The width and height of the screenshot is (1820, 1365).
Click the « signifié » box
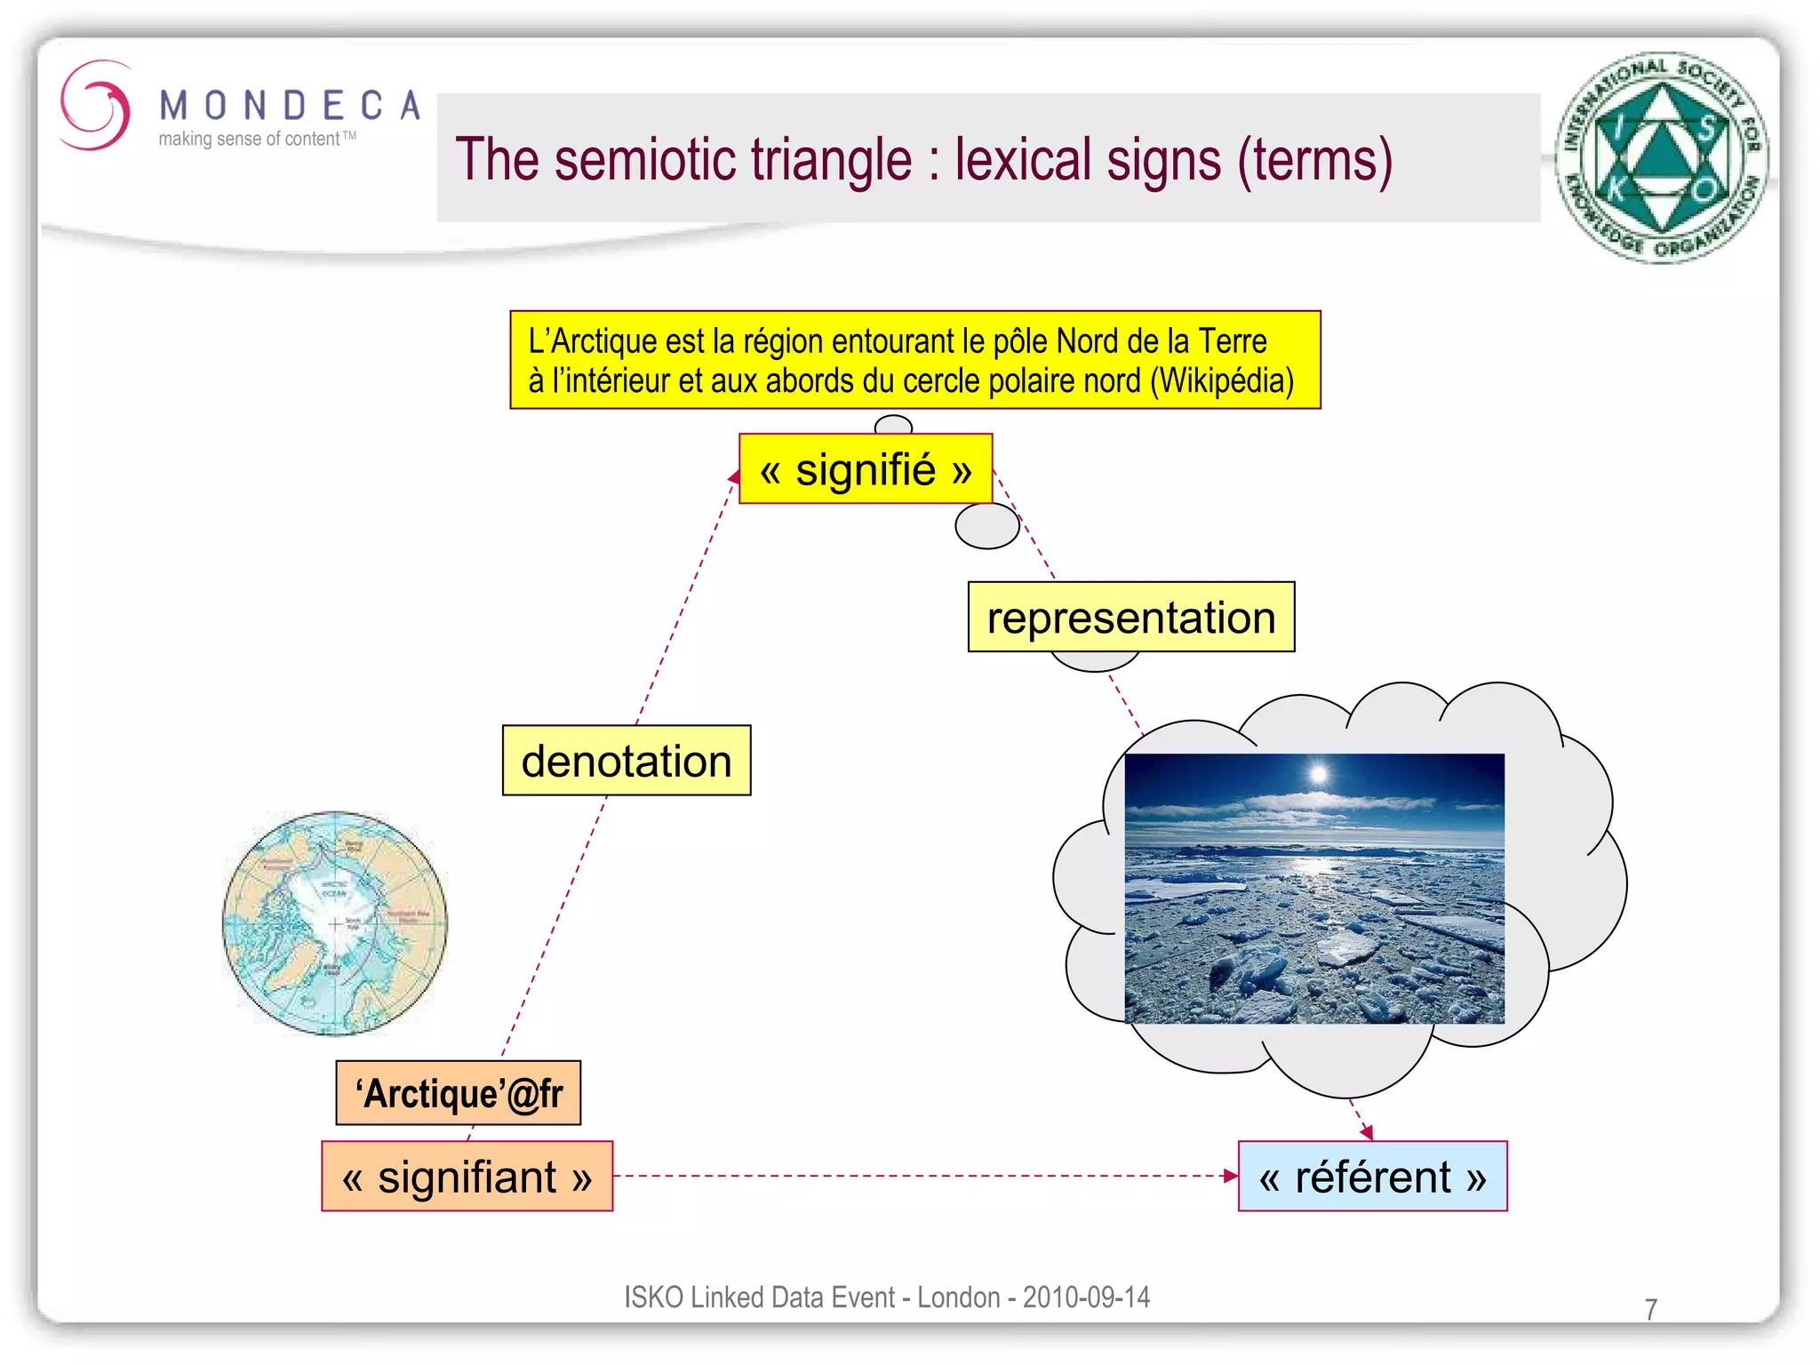[x=865, y=469]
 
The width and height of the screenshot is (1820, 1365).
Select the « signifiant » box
[x=467, y=1176]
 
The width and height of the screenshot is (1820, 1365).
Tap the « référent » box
[x=1372, y=1176]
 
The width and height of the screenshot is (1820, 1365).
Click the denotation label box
[x=626, y=761]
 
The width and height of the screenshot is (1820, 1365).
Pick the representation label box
[x=1130, y=617]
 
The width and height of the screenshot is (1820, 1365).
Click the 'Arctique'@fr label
[x=459, y=1093]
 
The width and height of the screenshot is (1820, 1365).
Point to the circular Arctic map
[x=335, y=923]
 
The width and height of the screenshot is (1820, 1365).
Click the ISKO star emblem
[x=1661, y=157]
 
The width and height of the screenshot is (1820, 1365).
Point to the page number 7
[x=1650, y=1309]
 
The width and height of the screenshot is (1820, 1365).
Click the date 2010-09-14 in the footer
[x=1086, y=1297]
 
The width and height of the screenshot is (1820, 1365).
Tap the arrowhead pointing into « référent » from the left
[x=1231, y=1176]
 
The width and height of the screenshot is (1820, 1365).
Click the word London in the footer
[x=958, y=1297]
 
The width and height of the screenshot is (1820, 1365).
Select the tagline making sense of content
[x=249, y=140]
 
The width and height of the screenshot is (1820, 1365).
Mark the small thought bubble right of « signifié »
[x=986, y=525]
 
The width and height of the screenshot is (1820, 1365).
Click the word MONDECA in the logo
[x=290, y=106]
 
